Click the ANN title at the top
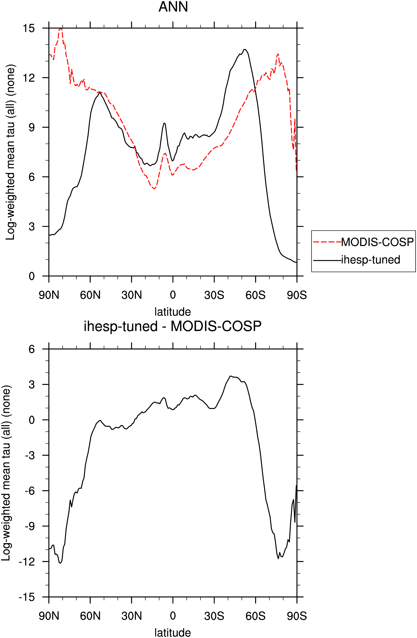173,7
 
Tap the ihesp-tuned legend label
371,260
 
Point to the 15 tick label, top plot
29,28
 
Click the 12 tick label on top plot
29,78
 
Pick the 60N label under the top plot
90,295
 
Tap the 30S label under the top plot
214,295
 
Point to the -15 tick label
27,597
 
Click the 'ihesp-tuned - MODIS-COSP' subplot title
173,326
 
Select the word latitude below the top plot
173,312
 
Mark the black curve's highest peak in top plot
245,49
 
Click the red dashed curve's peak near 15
61,28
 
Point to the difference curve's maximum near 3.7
230,376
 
